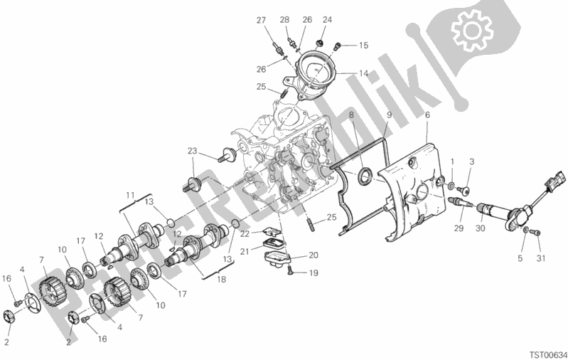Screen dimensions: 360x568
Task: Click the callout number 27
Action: (261, 19)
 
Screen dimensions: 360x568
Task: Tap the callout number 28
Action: (284, 19)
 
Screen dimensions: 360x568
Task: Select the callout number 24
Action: (328, 19)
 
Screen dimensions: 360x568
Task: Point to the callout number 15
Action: (363, 46)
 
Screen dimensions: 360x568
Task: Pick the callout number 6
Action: (427, 115)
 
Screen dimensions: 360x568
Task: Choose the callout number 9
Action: (389, 115)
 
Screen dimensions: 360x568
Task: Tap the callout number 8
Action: (351, 115)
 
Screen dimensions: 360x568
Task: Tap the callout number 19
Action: (314, 272)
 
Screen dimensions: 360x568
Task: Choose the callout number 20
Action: (314, 255)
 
